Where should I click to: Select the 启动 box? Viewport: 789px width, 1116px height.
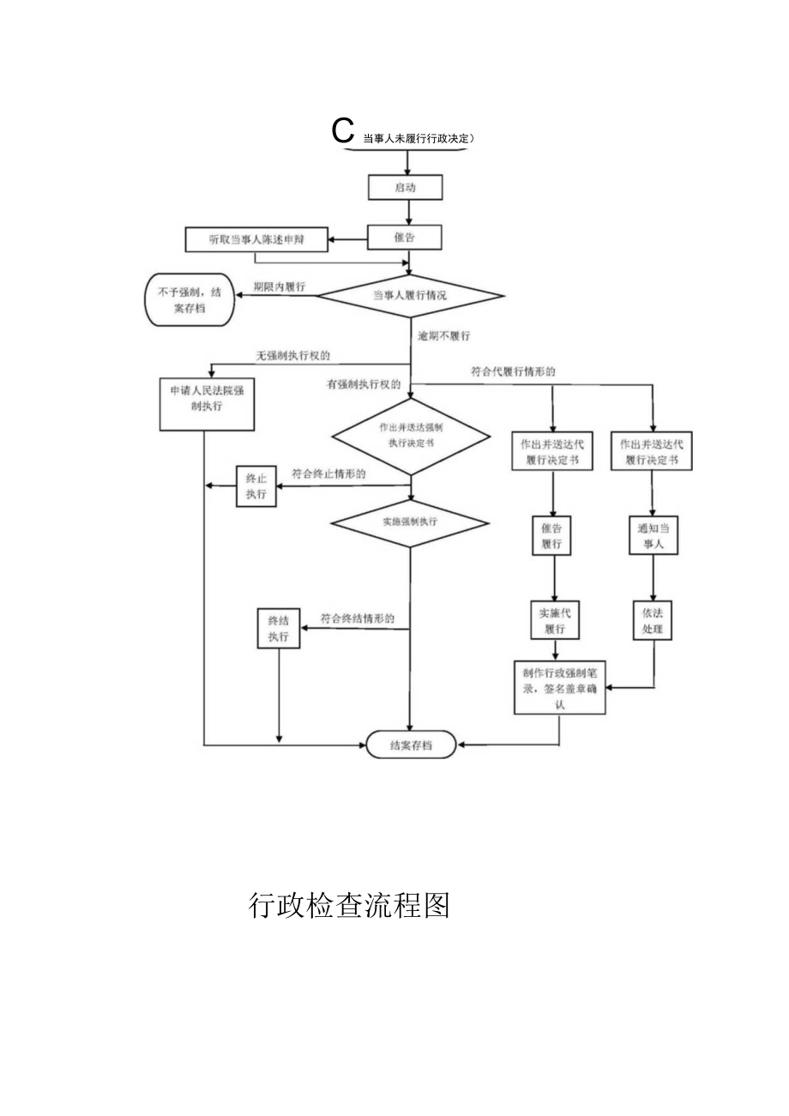406,188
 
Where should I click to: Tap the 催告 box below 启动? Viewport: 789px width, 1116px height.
405,238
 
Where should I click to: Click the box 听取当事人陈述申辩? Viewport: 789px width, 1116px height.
256,240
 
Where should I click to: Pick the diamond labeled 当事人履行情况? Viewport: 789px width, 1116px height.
411,296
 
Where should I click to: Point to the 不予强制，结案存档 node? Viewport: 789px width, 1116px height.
188,299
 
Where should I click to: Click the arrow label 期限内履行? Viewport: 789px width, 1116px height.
280,287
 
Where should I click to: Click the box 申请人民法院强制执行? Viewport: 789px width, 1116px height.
207,403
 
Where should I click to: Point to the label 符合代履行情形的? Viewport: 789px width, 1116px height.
513,372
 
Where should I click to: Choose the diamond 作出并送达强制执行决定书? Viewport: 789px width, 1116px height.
411,435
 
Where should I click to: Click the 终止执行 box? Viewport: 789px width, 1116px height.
256,486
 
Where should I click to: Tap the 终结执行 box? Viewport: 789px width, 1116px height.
279,628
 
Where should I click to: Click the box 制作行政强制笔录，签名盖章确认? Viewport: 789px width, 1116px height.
560,687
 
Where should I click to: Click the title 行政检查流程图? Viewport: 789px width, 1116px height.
349,906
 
